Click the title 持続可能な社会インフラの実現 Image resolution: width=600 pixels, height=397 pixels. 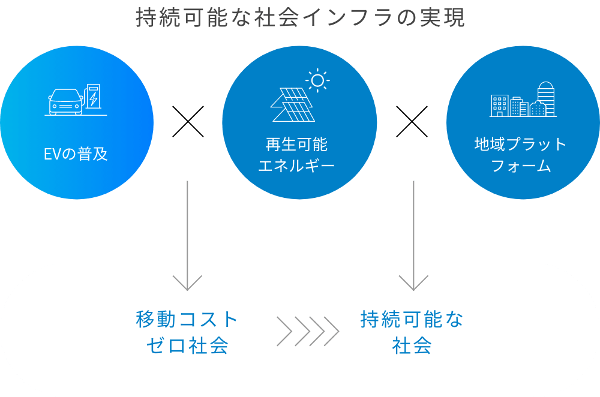(x=300, y=18)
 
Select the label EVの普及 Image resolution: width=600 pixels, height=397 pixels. (x=76, y=154)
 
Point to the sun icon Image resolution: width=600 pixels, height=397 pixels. (x=317, y=80)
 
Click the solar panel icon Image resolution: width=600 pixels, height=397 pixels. (x=292, y=104)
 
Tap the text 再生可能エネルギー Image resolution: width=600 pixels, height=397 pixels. (x=297, y=155)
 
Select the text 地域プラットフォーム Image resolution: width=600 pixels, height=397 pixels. (x=520, y=155)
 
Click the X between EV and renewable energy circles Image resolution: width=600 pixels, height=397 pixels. (x=188, y=122)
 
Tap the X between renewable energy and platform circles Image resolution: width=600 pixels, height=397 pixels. (x=412, y=122)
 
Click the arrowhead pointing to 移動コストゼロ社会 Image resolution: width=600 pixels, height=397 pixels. (x=188, y=282)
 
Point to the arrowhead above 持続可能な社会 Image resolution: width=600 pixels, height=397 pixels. (x=413, y=282)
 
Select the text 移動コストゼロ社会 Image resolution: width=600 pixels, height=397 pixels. (x=188, y=332)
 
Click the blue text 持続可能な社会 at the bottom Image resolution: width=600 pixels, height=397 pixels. (x=412, y=332)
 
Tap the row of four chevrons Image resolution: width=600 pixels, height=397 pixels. (x=308, y=332)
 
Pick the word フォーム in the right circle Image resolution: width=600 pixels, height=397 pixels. (x=520, y=166)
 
